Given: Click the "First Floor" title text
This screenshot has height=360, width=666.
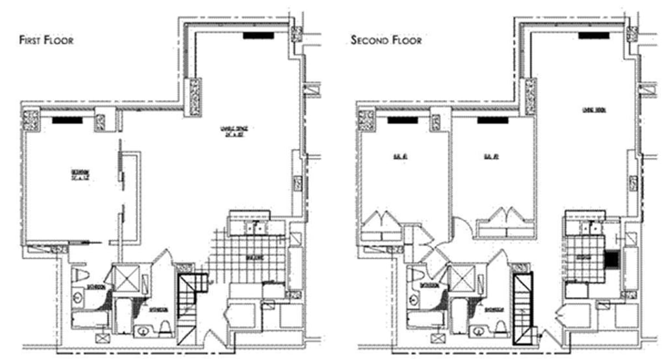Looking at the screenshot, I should (46, 40).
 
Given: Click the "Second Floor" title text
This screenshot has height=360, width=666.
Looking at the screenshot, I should (386, 40).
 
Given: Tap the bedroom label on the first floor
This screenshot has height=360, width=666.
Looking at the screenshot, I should (80, 176).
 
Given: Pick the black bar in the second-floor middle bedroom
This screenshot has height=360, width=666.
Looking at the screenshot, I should (493, 119).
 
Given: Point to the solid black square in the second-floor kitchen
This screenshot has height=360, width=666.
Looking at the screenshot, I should (610, 260).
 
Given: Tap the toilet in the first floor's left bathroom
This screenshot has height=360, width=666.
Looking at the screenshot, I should (81, 275).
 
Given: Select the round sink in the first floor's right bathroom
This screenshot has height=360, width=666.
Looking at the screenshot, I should (142, 332).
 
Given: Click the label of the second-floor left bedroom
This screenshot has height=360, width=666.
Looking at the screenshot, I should (389, 157).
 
